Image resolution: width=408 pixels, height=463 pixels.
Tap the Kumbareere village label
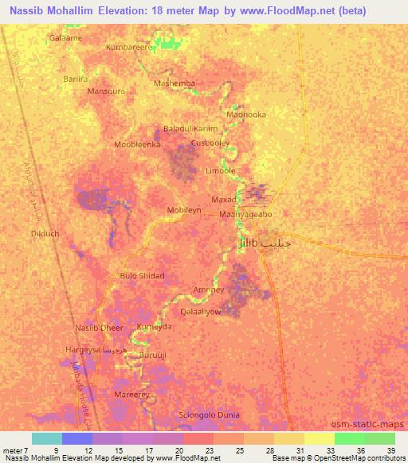[129, 48]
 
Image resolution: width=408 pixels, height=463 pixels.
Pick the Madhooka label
[246, 115]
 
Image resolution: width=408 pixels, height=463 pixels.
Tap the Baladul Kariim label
[190, 129]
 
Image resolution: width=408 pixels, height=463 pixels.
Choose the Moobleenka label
[138, 145]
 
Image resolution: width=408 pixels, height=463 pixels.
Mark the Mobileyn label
[184, 210]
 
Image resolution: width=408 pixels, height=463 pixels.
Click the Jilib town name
[249, 244]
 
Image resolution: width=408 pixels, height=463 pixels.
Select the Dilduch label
[45, 234]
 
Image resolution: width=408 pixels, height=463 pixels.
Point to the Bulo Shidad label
[142, 275]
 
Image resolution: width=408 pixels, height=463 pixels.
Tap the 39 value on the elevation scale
[390, 451]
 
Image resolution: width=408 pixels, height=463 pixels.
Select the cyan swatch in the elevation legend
[47, 438]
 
